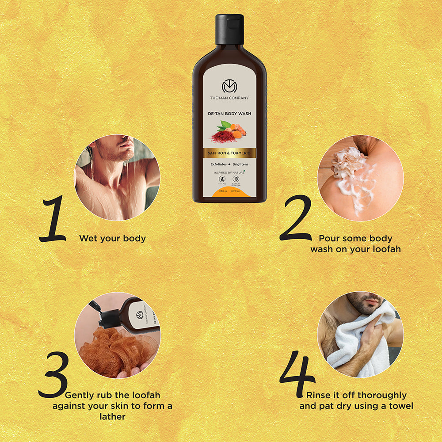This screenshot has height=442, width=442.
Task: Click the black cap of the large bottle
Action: (229, 29)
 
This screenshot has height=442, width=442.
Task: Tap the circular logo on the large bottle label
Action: (229, 86)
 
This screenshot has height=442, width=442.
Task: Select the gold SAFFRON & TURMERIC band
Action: (229, 153)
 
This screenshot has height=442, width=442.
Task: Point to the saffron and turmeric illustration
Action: (229, 132)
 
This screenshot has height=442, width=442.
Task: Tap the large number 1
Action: (54, 219)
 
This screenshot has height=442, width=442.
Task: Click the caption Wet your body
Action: (112, 239)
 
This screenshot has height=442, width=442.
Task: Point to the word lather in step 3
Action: (112, 416)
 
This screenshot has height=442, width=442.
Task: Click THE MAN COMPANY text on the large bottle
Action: (229, 98)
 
